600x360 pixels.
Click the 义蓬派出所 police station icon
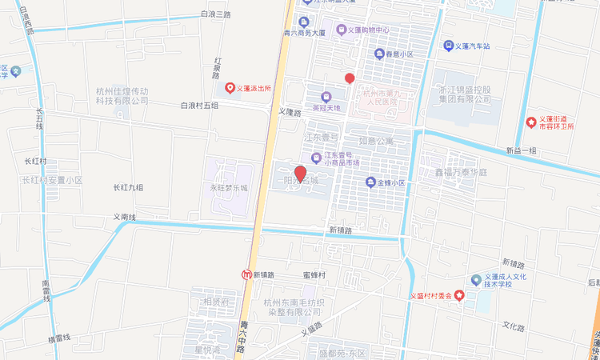pos(230,87)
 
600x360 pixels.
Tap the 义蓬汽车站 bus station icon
pos(449,46)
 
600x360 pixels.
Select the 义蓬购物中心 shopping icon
pos(342,30)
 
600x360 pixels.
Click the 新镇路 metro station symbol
pos(247,274)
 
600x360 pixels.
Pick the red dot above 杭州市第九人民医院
pos(349,78)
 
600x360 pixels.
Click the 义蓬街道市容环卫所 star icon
pos(531,122)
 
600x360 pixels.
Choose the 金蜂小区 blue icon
pos(370,182)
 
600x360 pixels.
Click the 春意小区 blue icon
pos(379,54)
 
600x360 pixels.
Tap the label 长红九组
pos(128,187)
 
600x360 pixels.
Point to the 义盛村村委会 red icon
pos(460,295)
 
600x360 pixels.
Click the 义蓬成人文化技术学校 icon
pos(477,279)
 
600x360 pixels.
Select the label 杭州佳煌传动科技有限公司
pos(122,96)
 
